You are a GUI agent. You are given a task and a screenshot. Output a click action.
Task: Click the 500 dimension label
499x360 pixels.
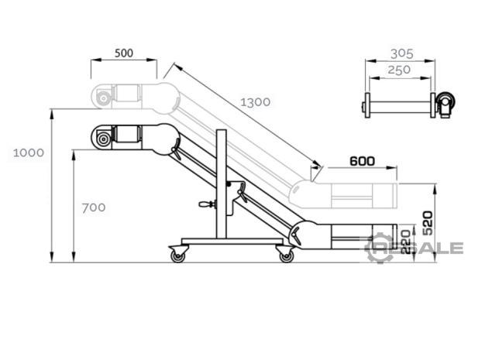pyautogui.click(x=124, y=53)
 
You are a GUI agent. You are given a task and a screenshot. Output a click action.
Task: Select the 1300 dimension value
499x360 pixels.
pyautogui.click(x=255, y=102)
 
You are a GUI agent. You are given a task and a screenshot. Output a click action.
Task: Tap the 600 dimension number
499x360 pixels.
pyautogui.click(x=362, y=161)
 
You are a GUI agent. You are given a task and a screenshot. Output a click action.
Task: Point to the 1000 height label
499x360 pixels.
pyautogui.click(x=29, y=153)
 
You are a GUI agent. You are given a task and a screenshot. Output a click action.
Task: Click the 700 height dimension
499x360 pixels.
pyautogui.click(x=94, y=207)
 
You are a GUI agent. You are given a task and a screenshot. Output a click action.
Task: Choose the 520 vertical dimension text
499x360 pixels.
pyautogui.click(x=428, y=223)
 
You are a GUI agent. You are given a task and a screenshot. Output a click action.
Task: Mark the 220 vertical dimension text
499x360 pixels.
pyautogui.click(x=405, y=242)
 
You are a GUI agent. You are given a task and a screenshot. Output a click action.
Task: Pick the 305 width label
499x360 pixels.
pyautogui.click(x=401, y=53)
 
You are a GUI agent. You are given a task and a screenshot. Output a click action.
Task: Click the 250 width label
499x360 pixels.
pyautogui.click(x=399, y=70)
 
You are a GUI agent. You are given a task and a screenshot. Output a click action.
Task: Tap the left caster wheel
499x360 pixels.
pyautogui.click(x=177, y=255)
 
